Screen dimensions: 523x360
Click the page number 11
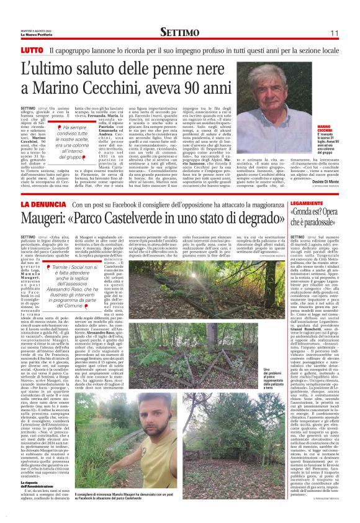(x=334, y=32)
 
